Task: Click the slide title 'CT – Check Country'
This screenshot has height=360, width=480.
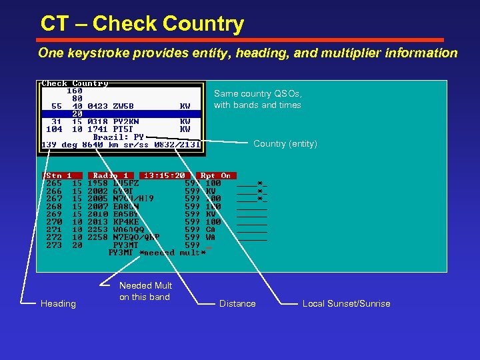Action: (x=142, y=25)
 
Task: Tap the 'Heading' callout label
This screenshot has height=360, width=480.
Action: (x=59, y=304)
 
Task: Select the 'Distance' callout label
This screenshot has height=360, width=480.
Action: (x=237, y=304)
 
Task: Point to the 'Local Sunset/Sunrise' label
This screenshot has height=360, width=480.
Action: (x=346, y=304)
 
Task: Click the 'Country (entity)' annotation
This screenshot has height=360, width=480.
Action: (x=285, y=144)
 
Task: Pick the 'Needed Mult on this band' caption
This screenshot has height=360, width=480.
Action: (x=145, y=291)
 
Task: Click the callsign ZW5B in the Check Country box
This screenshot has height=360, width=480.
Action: (x=123, y=105)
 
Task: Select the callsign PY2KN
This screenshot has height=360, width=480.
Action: (x=125, y=121)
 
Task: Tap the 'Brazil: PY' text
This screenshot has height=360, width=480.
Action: (x=119, y=137)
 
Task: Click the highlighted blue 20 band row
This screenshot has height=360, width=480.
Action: (x=120, y=113)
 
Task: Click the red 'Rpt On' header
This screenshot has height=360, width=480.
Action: (x=215, y=176)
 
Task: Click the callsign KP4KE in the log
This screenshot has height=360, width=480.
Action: (x=125, y=221)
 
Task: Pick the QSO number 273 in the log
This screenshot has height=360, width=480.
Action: (x=54, y=245)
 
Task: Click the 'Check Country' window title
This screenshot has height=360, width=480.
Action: (x=75, y=83)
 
